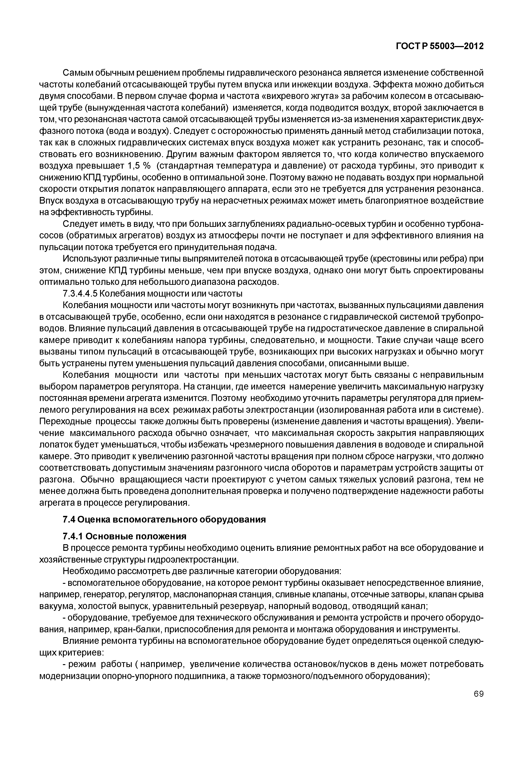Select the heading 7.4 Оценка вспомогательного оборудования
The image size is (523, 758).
click(164, 520)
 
